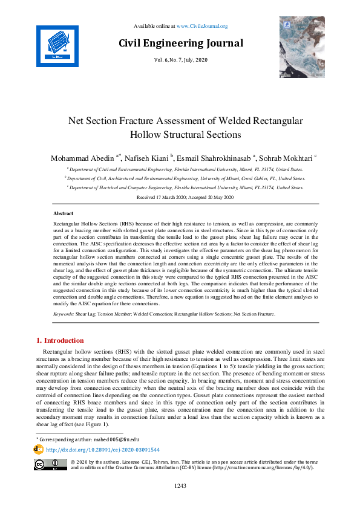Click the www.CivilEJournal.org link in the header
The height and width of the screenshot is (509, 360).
point(206,27)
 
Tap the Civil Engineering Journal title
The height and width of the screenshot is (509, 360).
point(181,44)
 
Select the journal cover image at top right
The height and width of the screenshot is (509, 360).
point(302,47)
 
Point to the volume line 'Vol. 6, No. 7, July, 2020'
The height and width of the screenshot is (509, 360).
point(181,60)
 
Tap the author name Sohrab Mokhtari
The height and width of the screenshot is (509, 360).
point(287,158)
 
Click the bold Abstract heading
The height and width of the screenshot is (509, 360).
point(63,214)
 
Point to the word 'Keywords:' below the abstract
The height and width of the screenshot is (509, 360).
point(64,314)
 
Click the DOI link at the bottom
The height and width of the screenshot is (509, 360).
point(103,450)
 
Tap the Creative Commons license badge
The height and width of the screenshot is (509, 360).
point(50,464)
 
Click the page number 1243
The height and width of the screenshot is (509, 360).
point(180,485)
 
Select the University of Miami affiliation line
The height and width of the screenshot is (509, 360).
point(185,179)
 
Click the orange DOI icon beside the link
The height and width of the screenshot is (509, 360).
point(38,450)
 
